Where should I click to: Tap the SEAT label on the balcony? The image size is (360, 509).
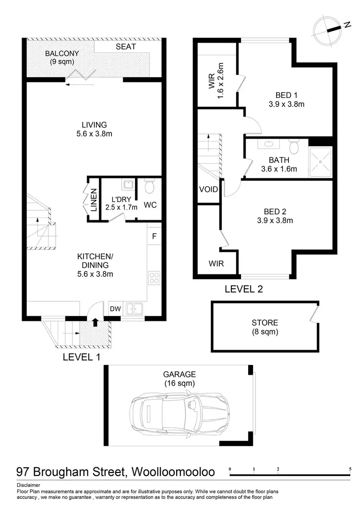(x=126, y=47)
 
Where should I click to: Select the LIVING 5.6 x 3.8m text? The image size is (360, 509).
(x=94, y=130)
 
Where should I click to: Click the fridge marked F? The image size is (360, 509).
(x=154, y=236)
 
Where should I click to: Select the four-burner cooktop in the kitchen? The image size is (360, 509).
(x=155, y=278)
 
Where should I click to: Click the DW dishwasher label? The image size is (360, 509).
(x=115, y=309)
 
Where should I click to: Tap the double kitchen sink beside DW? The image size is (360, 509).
(x=134, y=309)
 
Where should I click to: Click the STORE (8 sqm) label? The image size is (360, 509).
(x=264, y=327)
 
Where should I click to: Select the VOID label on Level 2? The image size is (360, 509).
(x=208, y=189)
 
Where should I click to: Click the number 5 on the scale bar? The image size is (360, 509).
(x=351, y=469)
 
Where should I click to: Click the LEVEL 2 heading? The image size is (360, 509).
(x=243, y=289)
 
